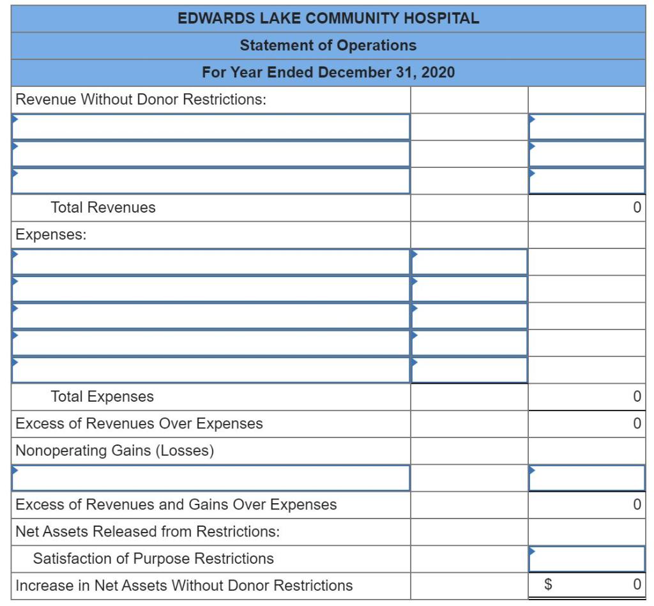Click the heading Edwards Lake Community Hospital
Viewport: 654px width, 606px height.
(x=328, y=19)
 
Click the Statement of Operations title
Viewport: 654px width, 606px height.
(x=328, y=45)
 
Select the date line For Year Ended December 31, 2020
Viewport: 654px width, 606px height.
(x=328, y=72)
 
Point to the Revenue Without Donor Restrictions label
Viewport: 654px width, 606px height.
(x=141, y=100)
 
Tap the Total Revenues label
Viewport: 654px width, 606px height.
(x=103, y=208)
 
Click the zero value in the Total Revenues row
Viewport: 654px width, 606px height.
(x=636, y=208)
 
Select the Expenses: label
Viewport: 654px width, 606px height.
(x=51, y=234)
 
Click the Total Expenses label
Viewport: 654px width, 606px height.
(x=102, y=397)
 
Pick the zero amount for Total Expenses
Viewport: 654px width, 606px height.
(x=636, y=397)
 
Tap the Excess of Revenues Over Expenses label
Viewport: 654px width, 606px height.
(x=139, y=423)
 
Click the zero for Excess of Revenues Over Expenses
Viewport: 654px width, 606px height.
(x=636, y=423)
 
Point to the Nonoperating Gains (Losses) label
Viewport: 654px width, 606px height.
(x=114, y=451)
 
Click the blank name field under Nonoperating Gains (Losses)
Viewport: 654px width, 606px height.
(x=211, y=478)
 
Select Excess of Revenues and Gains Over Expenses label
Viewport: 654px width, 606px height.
(x=176, y=504)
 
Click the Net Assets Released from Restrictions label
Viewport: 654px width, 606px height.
(x=148, y=531)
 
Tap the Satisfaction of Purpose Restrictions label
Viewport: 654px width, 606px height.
(x=153, y=559)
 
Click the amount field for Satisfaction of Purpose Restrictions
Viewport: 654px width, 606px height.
(x=586, y=559)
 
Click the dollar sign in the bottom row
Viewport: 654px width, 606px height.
(x=547, y=586)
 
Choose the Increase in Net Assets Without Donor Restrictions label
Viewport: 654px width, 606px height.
(x=184, y=586)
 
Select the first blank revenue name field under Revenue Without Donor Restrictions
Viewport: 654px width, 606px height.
(x=211, y=126)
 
